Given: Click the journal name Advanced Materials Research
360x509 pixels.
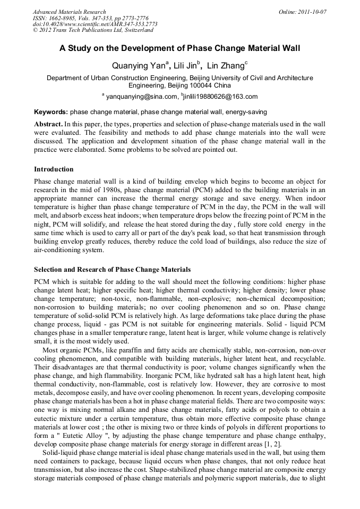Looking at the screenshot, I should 69,11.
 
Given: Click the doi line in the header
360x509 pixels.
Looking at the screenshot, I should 95,24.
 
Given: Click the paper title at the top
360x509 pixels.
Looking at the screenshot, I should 179,48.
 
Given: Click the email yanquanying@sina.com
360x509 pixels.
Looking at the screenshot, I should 141,97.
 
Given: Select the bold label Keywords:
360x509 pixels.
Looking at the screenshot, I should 51,113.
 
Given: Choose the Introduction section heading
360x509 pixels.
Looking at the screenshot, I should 54,169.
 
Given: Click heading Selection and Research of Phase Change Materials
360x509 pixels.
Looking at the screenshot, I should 112,270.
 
